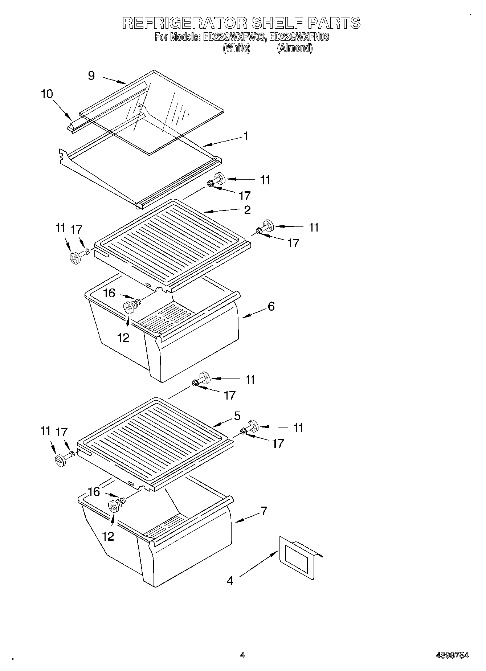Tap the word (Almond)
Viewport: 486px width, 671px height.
point(294,48)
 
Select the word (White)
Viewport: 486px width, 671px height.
point(236,48)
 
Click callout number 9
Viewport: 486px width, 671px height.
point(91,75)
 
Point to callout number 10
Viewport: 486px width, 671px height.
point(47,94)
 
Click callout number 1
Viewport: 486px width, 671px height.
point(246,136)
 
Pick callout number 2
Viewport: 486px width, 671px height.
point(247,210)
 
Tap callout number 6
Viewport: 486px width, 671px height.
point(271,306)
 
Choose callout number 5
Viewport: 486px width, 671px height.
point(237,416)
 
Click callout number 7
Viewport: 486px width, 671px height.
point(264,511)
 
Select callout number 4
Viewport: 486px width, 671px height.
point(230,581)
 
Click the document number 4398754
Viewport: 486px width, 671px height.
point(452,655)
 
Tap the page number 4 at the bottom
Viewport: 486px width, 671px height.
point(242,655)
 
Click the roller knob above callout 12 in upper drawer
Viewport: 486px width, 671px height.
point(129,308)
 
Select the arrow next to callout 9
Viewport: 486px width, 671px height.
point(114,80)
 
